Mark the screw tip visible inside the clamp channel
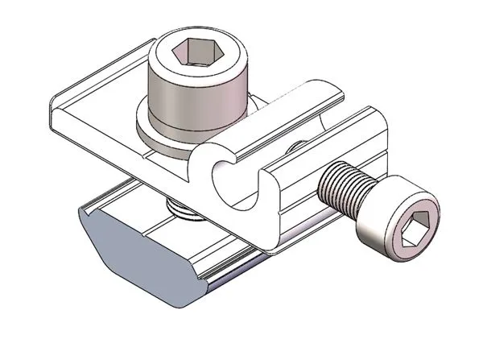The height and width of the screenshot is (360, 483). (x=295, y=146)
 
